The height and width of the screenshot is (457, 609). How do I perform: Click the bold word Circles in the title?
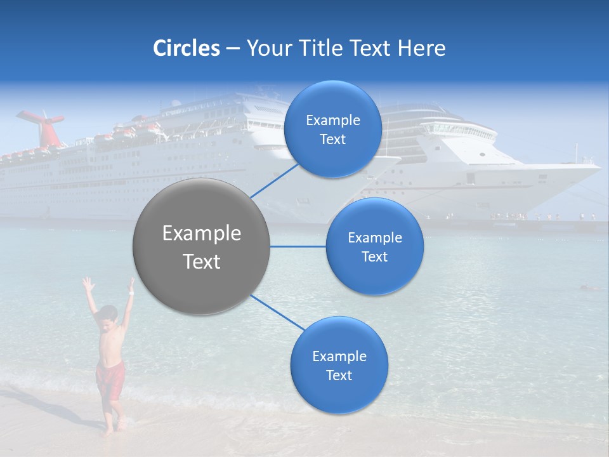[x=187, y=48]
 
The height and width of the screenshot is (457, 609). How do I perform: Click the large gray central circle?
[x=202, y=246]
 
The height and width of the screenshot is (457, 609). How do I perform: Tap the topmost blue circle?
[x=332, y=129]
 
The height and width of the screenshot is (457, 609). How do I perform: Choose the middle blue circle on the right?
[x=374, y=246]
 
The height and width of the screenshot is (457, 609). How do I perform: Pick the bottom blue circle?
[x=339, y=365]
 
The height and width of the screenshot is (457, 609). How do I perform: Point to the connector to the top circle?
[x=276, y=181]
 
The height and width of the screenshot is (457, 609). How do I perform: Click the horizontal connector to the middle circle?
[x=298, y=246]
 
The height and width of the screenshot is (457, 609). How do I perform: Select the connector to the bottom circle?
[x=278, y=312]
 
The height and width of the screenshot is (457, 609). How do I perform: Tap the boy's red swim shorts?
[x=110, y=379]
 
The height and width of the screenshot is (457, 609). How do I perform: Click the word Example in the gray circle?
[x=202, y=234]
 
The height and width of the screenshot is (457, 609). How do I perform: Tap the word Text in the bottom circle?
[x=339, y=375]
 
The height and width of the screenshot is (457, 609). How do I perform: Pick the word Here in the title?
[x=423, y=48]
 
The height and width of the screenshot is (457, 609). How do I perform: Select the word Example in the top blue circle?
[x=332, y=120]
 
